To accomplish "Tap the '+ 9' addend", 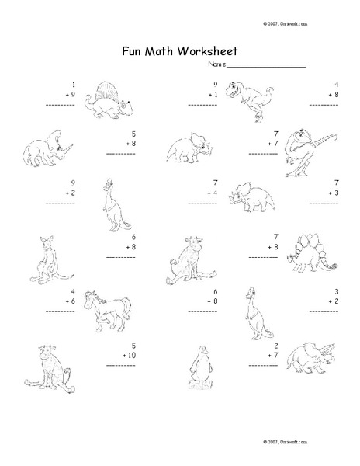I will pos(69,92).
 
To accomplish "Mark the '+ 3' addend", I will pos(332,193).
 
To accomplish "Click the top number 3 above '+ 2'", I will pos(336,290).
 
